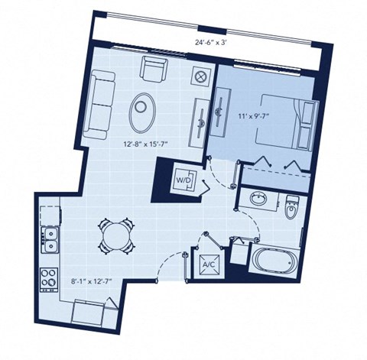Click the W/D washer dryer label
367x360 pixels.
click(184, 180)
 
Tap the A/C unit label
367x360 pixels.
click(208, 265)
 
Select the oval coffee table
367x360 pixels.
click(143, 112)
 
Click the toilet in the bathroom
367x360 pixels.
click(292, 207)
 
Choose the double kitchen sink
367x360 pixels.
click(50, 240)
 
